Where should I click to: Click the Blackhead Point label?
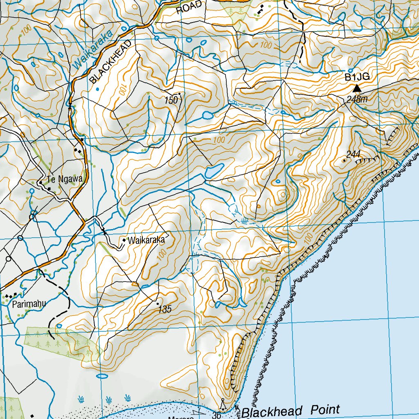pos(291,410)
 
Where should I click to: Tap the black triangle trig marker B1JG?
pos(357,88)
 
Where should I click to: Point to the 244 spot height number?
pos(353,154)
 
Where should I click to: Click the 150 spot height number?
pos(171,100)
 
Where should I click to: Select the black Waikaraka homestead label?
pos(146,240)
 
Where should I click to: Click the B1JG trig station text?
pos(357,77)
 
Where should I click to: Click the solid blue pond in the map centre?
pos(214,170)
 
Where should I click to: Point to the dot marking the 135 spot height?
pos(158,304)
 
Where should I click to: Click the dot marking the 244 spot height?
pos(344,160)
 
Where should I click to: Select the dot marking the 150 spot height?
pos(179,94)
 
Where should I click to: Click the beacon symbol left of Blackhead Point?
pos(223,405)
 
